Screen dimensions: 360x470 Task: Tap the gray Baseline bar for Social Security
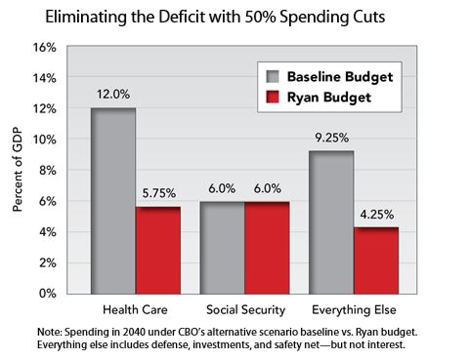tap(222, 247)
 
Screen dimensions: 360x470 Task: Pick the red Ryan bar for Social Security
tap(267, 247)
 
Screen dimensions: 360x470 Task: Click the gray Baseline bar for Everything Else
tap(331, 222)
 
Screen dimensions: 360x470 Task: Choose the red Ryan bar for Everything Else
tap(376, 260)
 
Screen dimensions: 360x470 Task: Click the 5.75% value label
tap(158, 193)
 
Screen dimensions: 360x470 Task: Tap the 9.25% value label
tap(331, 138)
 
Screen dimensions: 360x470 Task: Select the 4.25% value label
tap(376, 215)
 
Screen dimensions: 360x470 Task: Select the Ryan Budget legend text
tap(329, 97)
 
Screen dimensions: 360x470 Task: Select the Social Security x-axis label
tap(245, 310)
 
